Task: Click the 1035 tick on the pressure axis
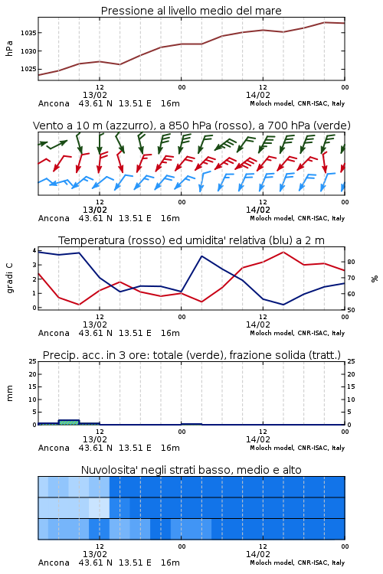(x=28, y=33)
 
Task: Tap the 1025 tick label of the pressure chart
(x=28, y=69)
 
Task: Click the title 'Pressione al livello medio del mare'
(x=191, y=11)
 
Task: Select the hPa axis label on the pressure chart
(x=9, y=48)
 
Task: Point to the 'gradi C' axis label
(x=9, y=278)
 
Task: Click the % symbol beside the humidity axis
(x=375, y=279)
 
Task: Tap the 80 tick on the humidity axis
(x=351, y=262)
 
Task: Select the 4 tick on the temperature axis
(x=34, y=250)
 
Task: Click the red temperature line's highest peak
(x=283, y=252)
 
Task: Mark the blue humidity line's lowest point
(x=283, y=305)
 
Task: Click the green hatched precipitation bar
(x=69, y=422)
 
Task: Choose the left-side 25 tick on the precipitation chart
(x=33, y=362)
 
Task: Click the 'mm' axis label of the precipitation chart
(x=9, y=393)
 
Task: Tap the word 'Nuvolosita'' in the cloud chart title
(x=105, y=470)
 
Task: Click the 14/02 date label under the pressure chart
(x=258, y=95)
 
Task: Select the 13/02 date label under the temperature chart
(x=95, y=325)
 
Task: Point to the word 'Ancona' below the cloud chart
(x=54, y=563)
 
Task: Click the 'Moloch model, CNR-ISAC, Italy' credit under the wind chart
(x=297, y=218)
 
